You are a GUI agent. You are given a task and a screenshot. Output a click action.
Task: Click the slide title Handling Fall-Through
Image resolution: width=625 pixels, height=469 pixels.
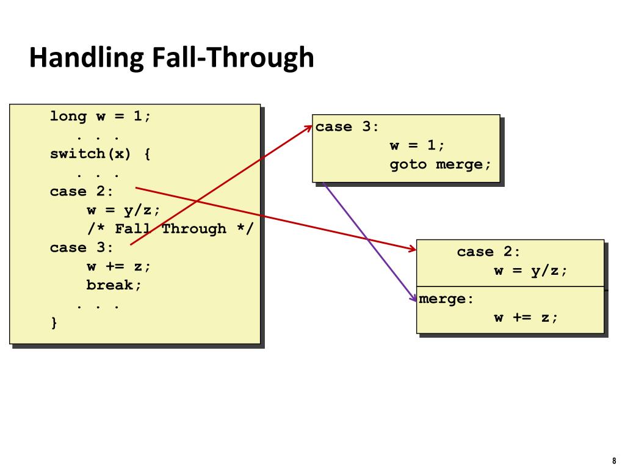172,58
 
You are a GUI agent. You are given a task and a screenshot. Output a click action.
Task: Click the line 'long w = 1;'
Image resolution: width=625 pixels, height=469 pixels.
100,116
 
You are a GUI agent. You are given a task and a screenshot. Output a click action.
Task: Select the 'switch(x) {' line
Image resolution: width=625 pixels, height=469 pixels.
100,153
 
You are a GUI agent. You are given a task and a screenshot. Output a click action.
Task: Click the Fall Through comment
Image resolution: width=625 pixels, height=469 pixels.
169,229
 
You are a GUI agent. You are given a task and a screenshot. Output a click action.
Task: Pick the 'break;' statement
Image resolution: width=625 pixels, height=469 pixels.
114,285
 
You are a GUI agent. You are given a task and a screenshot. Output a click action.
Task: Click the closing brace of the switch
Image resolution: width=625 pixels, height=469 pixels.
54,322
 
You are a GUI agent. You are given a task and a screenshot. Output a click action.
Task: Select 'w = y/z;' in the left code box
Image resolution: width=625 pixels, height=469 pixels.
123,210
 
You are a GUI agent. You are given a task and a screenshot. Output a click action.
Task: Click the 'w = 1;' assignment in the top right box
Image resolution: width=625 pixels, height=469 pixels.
417,146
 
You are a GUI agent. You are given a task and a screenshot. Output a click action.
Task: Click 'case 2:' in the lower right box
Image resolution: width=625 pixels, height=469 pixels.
488,252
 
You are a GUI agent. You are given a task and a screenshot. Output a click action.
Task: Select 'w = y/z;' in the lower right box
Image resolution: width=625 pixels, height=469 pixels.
530,271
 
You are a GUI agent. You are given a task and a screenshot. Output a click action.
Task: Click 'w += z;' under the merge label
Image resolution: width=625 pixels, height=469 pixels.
526,318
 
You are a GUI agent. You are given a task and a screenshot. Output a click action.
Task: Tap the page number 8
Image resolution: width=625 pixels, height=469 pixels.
613,461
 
